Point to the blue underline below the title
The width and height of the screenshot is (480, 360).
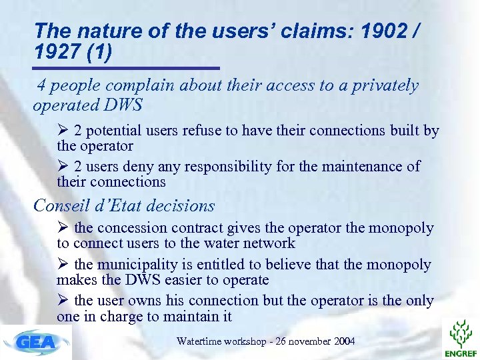[x=127, y=68]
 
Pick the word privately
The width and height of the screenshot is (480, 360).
[x=387, y=86]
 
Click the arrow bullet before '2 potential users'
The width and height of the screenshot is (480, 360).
[x=64, y=131]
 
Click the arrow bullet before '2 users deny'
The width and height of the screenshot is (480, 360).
[x=64, y=166]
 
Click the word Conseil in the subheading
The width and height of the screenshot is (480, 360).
[x=61, y=206]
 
